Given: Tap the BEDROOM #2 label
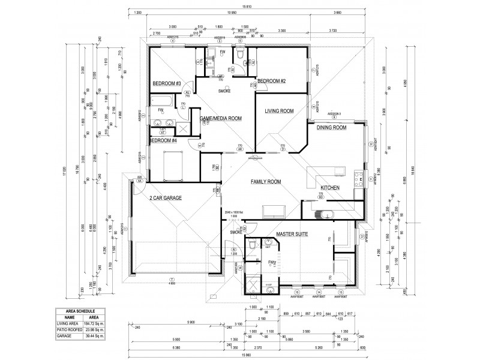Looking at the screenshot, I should tap(271, 81).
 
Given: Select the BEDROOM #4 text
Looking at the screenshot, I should tap(163, 140).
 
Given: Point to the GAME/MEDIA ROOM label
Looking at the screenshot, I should tap(221, 119).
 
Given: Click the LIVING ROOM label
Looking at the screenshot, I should tap(279, 111).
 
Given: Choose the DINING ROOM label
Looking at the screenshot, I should tap(332, 128).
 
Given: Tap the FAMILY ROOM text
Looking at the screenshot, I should tap(265, 181).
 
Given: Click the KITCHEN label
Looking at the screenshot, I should tap(330, 188).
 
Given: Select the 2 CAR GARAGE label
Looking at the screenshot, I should tap(166, 197).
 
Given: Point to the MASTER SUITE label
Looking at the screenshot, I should tap(292, 235).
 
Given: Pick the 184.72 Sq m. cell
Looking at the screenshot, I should tap(95, 324).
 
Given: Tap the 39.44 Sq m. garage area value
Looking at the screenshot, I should tap(95, 335).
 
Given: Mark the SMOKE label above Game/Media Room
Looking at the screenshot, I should tap(224, 91).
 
